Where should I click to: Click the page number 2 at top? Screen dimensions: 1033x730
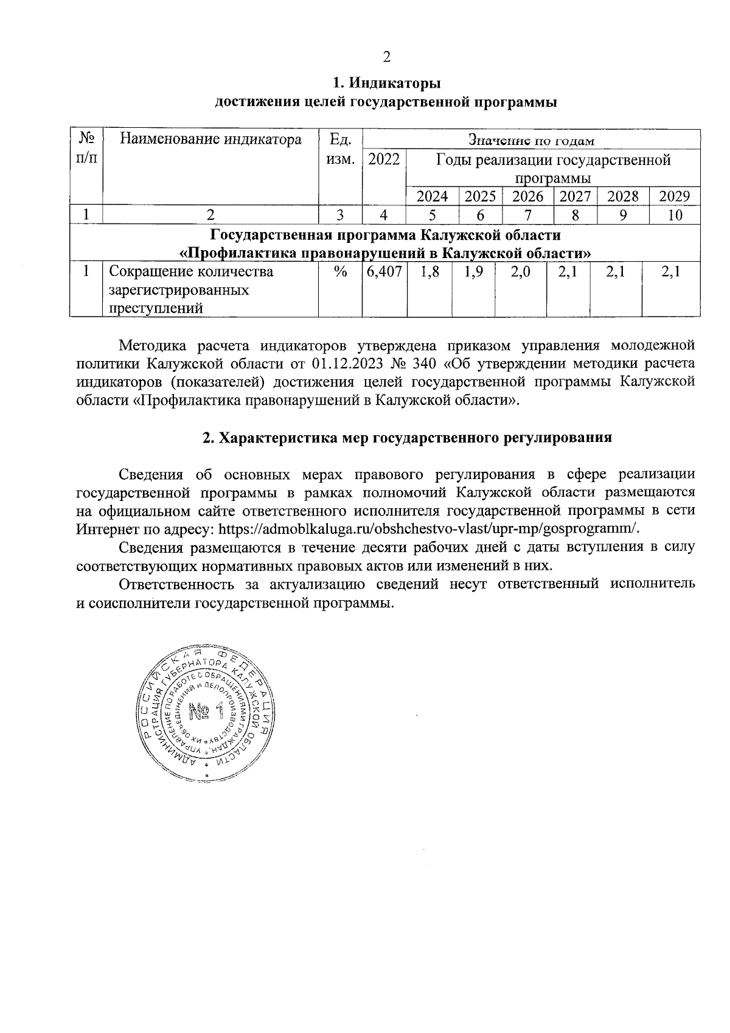click(386, 58)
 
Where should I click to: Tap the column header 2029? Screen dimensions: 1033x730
click(675, 196)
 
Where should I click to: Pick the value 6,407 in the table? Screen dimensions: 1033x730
click(384, 272)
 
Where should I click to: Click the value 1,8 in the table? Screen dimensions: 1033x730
click(429, 272)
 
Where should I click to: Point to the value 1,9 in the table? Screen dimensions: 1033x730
click(473, 272)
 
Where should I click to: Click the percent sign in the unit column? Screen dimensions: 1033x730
click(340, 272)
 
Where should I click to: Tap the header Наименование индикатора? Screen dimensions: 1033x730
click(210, 140)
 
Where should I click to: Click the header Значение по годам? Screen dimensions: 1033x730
click(529, 141)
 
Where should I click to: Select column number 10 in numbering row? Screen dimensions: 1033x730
click(675, 215)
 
